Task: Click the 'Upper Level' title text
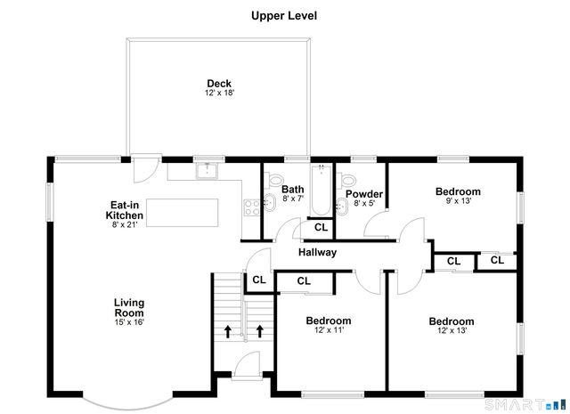coord(284,16)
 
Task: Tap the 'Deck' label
coord(219,84)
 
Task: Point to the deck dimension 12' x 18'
coord(219,93)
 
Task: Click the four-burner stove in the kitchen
coord(251,207)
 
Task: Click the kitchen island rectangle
coord(183,213)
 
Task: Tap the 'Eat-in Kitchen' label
coord(124,210)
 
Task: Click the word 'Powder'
coord(363,194)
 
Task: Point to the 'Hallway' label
coord(317,253)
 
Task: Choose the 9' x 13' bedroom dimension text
coord(458,201)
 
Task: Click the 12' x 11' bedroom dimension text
coord(328,330)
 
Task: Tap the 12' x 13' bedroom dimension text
coord(451,331)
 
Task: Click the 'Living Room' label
coord(129,308)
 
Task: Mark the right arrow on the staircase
coord(260,331)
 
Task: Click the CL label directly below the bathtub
coord(320,228)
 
